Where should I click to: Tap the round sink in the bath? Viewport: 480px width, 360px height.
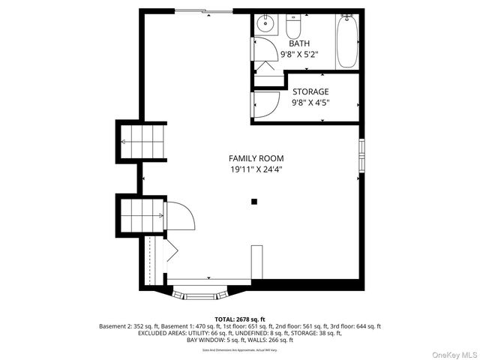[x=265, y=25]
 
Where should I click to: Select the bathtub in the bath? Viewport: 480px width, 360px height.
[x=346, y=40]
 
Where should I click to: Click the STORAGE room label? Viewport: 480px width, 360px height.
[x=310, y=91]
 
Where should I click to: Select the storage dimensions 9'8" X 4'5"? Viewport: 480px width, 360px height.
[x=310, y=102]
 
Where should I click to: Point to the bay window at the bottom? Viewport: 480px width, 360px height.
[x=199, y=292]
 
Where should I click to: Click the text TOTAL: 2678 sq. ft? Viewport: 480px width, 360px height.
[x=239, y=318]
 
